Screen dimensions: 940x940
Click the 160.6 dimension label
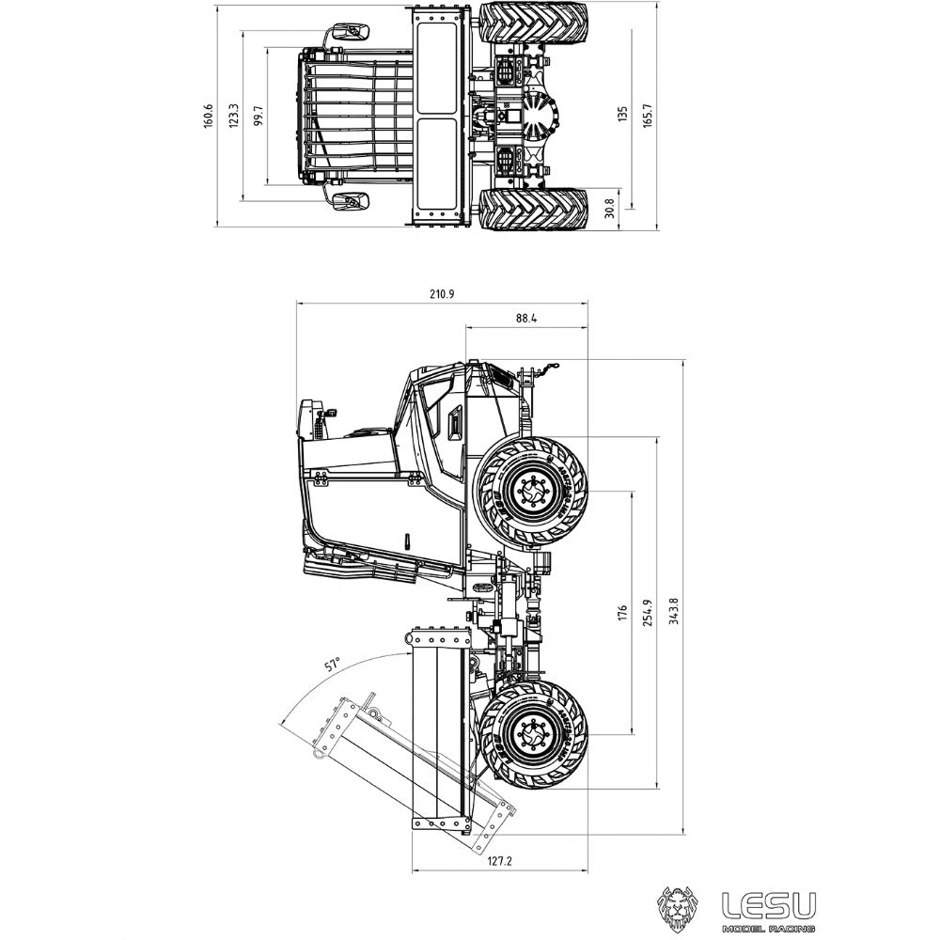pos(208,116)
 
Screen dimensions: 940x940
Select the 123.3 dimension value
pos(234,115)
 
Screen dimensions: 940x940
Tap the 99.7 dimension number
pos(258,116)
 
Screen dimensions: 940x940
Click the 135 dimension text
pos(623,114)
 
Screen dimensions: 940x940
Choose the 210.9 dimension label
pos(443,294)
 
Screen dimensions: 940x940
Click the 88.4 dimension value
pos(526,318)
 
